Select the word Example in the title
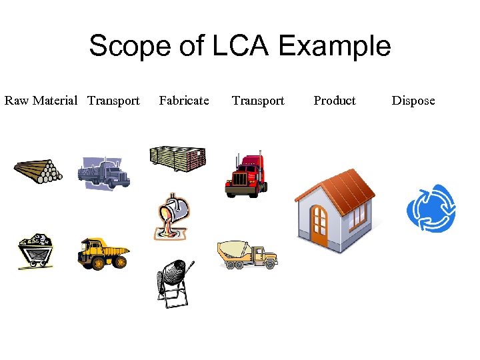pyautogui.click(x=334, y=46)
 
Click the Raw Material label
pyautogui.click(x=41, y=101)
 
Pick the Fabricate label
pyautogui.click(x=184, y=101)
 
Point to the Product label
pyautogui.click(x=335, y=101)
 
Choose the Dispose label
pyautogui.click(x=413, y=101)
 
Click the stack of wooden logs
pyautogui.click(x=38, y=171)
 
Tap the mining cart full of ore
pyautogui.click(x=35, y=251)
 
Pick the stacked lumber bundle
pyautogui.click(x=178, y=159)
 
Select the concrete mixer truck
pyautogui.click(x=247, y=254)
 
